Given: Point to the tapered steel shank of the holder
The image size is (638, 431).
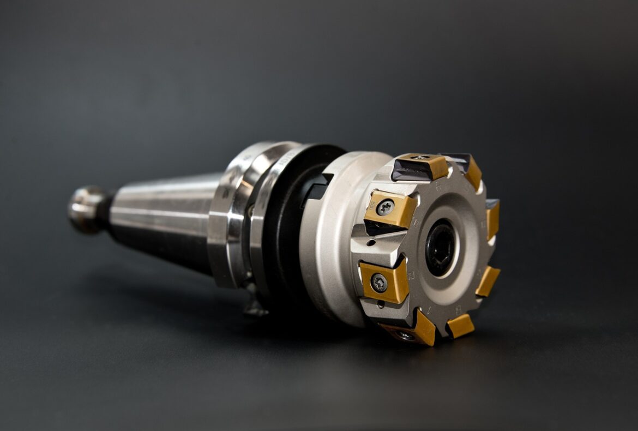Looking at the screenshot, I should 164,218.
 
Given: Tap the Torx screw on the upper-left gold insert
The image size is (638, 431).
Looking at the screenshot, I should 386,207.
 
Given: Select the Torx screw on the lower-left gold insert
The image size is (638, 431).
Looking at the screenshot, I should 380,282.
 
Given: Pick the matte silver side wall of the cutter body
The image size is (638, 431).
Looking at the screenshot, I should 327,246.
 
